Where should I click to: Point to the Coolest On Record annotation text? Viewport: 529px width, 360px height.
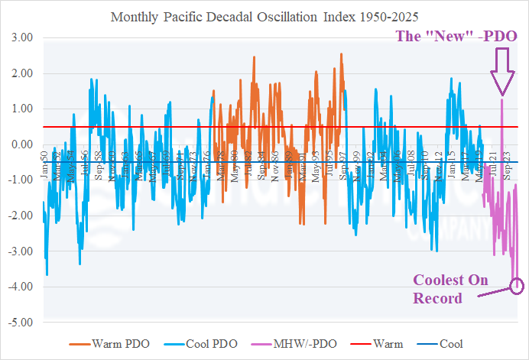tap(450, 289)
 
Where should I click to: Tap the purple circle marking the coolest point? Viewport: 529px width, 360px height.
tap(517, 287)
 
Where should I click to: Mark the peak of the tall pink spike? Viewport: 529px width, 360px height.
tap(502, 99)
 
